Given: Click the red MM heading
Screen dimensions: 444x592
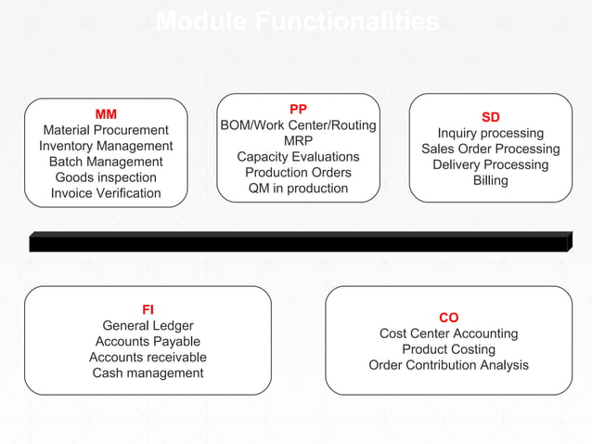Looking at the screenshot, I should (x=106, y=114).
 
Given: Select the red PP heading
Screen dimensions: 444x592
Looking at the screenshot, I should (x=298, y=109).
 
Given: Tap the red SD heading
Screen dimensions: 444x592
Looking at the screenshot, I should (x=490, y=117).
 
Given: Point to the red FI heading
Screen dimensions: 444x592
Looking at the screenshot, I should (x=148, y=309).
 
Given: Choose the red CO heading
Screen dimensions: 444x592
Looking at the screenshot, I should (x=448, y=318).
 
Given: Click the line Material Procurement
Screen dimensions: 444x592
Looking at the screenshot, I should (x=106, y=130).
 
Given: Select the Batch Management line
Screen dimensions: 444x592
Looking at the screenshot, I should (x=106, y=162).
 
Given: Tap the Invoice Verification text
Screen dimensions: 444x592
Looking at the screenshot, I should (x=106, y=193).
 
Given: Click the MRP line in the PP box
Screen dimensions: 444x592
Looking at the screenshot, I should (x=298, y=140).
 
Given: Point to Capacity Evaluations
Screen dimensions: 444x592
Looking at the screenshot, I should (x=298, y=156).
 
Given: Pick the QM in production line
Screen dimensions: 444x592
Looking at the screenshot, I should (x=298, y=188).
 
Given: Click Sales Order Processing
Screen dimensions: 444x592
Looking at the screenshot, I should (x=490, y=149).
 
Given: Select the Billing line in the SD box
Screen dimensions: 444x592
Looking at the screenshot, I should (x=490, y=180).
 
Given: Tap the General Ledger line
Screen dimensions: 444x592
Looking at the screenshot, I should (x=148, y=325).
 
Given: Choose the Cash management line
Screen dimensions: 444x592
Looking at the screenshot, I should (x=148, y=372).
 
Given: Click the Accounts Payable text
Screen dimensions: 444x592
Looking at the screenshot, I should (x=148, y=341).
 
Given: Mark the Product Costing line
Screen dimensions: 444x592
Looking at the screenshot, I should (x=448, y=349).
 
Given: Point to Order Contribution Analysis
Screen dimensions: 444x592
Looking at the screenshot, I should (x=448, y=365).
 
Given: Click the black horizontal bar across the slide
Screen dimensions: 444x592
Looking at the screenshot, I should (x=297, y=243).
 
